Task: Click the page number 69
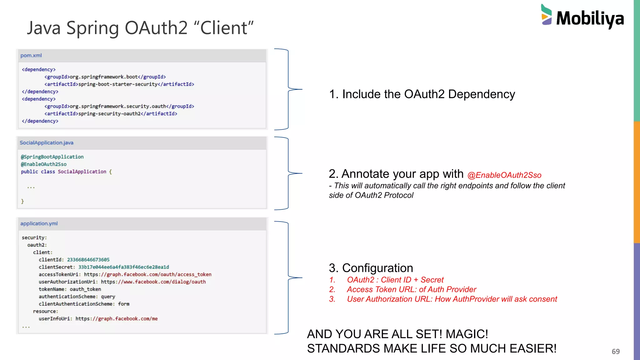(x=615, y=352)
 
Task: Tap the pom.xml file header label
(x=31, y=56)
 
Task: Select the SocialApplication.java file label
(x=47, y=143)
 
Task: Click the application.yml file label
(x=39, y=224)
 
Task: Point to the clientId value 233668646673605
(x=88, y=260)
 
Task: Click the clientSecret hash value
(x=123, y=267)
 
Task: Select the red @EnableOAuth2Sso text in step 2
(x=504, y=175)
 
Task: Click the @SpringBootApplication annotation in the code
(x=52, y=157)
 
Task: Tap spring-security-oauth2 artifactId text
(x=109, y=114)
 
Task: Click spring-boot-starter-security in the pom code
(x=118, y=84)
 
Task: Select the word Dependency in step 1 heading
(x=481, y=94)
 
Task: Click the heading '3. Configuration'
(x=371, y=268)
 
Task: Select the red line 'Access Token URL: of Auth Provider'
(x=411, y=290)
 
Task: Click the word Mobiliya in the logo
(x=590, y=19)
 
